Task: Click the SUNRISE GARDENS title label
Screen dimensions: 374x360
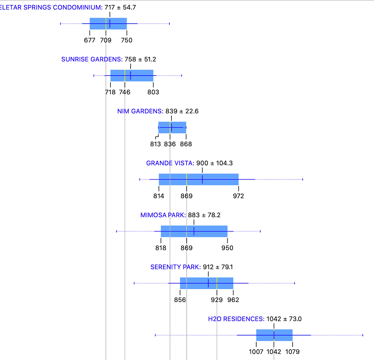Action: click(x=92, y=59)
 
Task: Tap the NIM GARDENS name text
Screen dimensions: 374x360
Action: click(x=140, y=111)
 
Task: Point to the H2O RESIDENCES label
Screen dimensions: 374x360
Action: click(x=236, y=319)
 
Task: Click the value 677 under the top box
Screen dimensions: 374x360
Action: click(x=90, y=40)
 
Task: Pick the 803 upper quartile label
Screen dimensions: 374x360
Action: click(x=153, y=92)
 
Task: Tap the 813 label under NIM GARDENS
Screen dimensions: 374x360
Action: click(x=155, y=144)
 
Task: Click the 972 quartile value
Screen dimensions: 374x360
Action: click(x=238, y=196)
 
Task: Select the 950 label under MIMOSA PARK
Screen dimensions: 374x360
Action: click(x=227, y=248)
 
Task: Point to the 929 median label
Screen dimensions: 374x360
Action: click(x=217, y=300)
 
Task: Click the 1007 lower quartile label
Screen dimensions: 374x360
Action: click(x=256, y=352)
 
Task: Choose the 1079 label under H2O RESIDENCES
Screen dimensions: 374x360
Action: click(x=292, y=352)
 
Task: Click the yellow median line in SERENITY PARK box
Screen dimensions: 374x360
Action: click(x=217, y=283)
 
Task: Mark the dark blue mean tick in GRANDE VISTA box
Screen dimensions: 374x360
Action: click(x=202, y=179)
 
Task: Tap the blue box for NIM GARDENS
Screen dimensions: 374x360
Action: click(x=172, y=128)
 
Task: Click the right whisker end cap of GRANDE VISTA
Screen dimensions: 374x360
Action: click(x=303, y=179)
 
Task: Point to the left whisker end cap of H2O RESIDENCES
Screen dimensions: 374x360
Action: click(x=155, y=335)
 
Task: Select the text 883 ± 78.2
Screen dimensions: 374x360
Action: click(x=204, y=215)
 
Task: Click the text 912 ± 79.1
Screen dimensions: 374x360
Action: click(x=218, y=267)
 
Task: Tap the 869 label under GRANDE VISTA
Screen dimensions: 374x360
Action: click(x=186, y=196)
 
